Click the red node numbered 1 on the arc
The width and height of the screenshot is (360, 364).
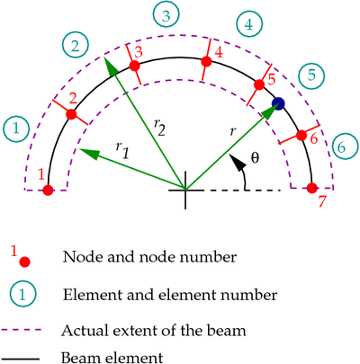(48, 190)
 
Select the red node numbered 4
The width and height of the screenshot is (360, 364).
(206, 61)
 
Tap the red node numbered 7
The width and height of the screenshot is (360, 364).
(312, 188)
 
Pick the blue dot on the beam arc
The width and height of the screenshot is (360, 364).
(278, 103)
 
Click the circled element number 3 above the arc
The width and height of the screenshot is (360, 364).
(166, 16)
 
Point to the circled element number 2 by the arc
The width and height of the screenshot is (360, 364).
(76, 45)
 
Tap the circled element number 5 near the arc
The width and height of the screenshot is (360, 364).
(311, 75)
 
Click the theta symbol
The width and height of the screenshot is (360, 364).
(255, 157)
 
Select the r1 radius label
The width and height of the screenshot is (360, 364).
(122, 149)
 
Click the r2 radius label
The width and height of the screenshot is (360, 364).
(159, 128)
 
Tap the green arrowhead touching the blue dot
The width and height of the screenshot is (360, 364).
(270, 111)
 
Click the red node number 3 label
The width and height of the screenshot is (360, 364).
(139, 52)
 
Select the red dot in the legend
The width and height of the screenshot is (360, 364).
(24, 262)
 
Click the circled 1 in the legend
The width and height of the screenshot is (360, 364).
(22, 295)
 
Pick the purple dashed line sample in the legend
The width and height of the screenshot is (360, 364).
(21, 330)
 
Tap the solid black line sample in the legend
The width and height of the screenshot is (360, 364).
(21, 359)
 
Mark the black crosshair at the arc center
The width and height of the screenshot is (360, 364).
(185, 190)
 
